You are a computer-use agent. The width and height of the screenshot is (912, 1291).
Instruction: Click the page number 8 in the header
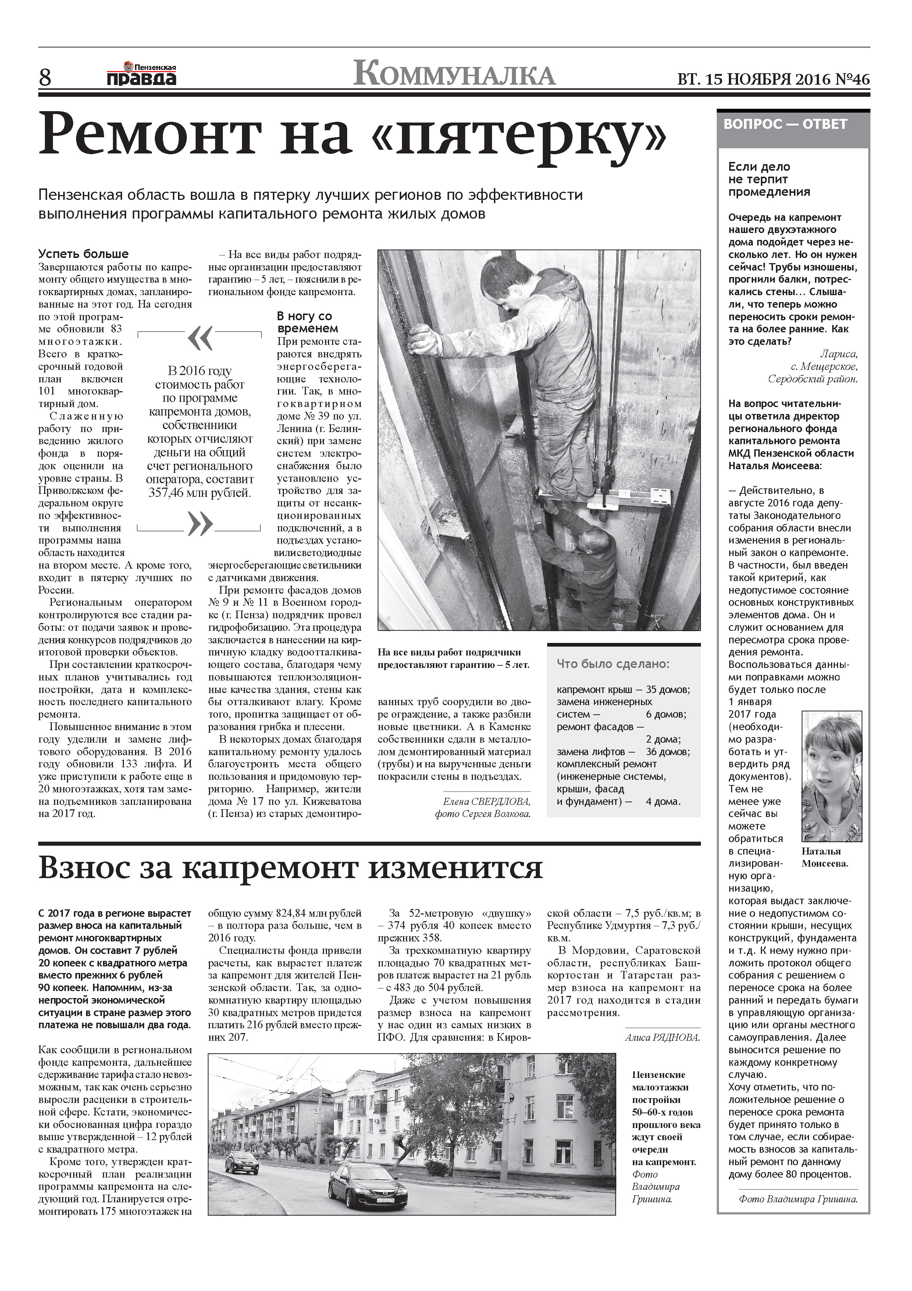point(44,77)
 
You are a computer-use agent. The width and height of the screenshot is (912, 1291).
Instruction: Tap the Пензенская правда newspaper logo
point(141,74)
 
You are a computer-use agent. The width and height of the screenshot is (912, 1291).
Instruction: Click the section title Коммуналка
point(454,74)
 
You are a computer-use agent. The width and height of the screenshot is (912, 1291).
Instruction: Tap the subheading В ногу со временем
point(307,322)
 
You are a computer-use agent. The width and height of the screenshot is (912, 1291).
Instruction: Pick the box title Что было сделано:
point(613,664)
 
